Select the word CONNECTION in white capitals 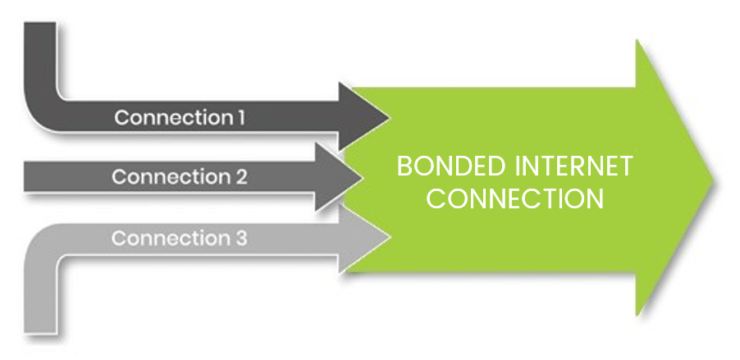point(515,198)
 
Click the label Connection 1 point(180,117)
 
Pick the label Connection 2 point(179,177)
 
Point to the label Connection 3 point(179,239)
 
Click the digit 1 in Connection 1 point(240,117)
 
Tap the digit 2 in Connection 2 point(241,177)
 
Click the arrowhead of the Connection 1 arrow point(365,116)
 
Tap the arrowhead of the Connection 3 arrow point(365,238)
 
